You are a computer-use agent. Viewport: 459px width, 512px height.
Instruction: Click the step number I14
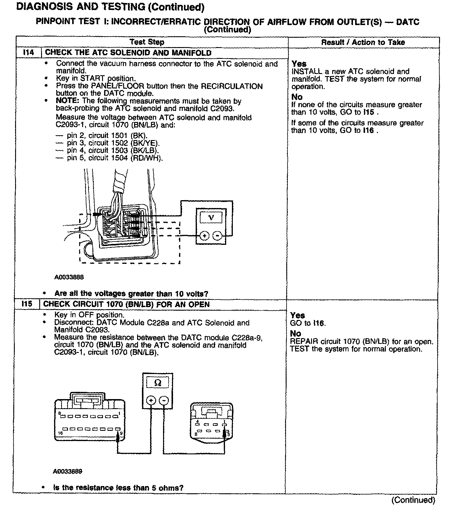pos(29,53)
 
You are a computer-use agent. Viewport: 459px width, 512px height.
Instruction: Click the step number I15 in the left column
pos(27,304)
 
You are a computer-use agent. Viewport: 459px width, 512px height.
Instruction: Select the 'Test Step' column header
pos(147,42)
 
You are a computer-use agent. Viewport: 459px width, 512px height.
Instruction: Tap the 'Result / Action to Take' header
pos(363,42)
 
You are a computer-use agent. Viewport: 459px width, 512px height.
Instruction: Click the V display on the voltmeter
pos(211,217)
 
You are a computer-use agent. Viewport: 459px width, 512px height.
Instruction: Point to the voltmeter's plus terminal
pos(204,236)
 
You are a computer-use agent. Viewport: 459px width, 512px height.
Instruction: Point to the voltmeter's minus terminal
pos(217,236)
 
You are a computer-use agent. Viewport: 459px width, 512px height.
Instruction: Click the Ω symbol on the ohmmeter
pos(158,383)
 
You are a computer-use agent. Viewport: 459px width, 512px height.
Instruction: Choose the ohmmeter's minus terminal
pos(164,401)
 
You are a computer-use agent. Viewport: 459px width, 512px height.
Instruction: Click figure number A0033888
pos(69,277)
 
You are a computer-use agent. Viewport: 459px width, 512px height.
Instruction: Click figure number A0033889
pos(67,471)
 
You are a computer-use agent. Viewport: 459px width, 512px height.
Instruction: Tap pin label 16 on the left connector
pos(60,433)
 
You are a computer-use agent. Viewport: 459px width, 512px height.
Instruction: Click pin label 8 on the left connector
pos(59,413)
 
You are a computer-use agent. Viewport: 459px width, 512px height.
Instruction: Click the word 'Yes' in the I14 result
pos(299,64)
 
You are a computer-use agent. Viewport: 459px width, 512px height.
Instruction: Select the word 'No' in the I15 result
pos(295,334)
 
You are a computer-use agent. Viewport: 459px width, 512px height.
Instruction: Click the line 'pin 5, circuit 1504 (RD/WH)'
pos(114,158)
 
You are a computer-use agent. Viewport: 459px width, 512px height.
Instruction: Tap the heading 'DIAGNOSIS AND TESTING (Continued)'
pos(110,7)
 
